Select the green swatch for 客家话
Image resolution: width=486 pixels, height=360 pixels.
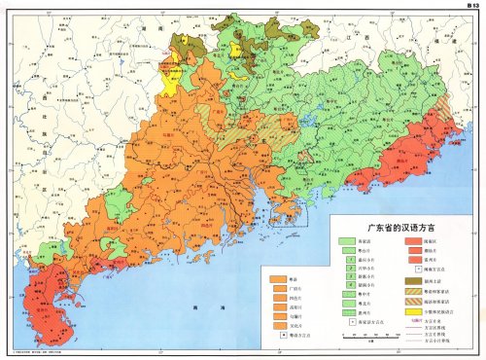(x=343, y=240)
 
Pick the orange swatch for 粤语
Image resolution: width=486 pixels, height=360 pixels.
(x=278, y=278)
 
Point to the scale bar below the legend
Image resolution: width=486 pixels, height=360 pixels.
(x=367, y=336)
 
